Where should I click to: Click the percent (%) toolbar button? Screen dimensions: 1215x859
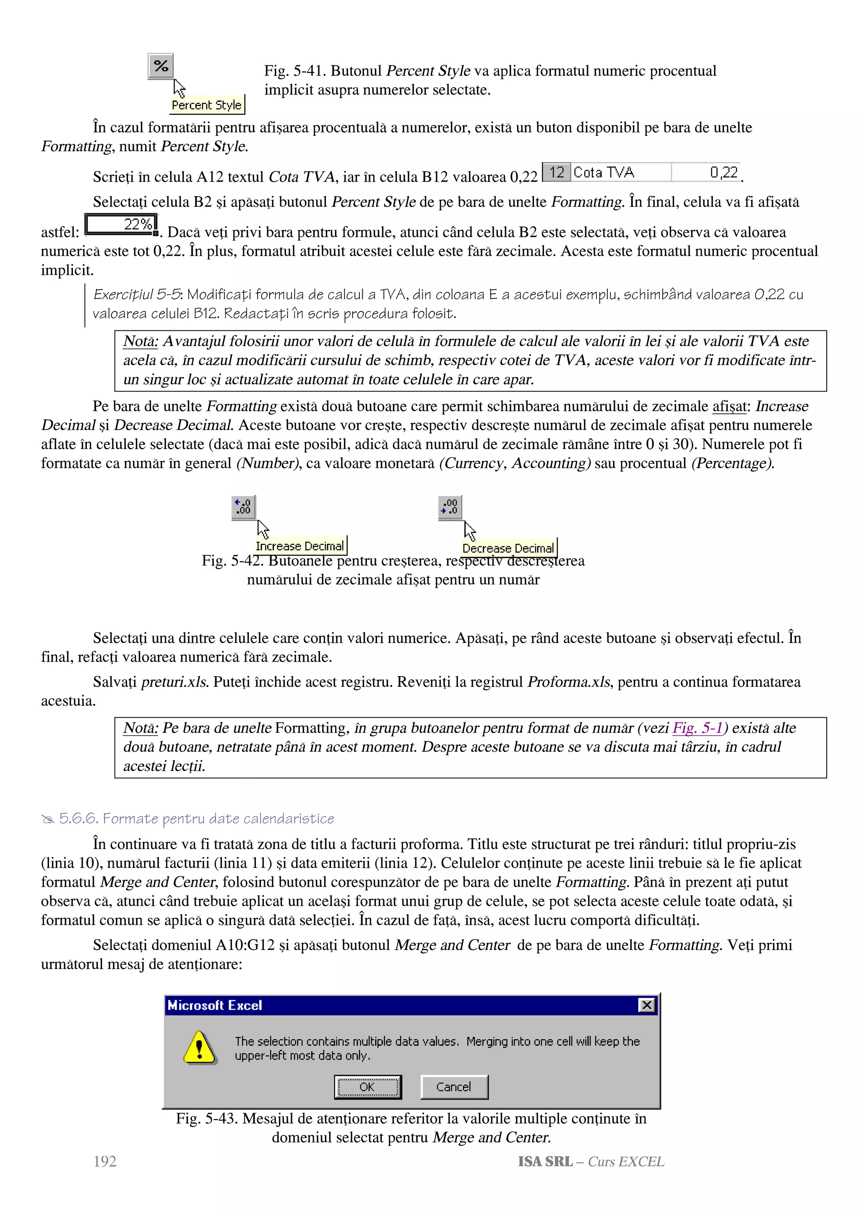pos(161,67)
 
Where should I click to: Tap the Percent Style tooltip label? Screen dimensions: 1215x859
pos(207,105)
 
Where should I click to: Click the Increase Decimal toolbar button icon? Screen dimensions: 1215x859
pos(243,507)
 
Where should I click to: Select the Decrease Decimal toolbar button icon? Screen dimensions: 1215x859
pos(450,507)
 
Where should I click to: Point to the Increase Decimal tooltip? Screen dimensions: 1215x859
pos(300,545)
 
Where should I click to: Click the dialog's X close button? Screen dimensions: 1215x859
pos(646,1005)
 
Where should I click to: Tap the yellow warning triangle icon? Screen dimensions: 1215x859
pos(199,1047)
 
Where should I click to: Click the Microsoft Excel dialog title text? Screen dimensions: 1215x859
pos(215,1005)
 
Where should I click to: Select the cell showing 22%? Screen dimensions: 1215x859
pos(121,224)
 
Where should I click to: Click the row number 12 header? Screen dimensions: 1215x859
pos(556,172)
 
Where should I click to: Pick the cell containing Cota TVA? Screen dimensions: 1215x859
pos(620,172)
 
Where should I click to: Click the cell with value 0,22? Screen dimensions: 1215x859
pos(706,172)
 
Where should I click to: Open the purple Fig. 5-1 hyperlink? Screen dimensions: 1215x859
pos(698,728)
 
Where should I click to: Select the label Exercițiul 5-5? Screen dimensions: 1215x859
pos(137,294)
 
